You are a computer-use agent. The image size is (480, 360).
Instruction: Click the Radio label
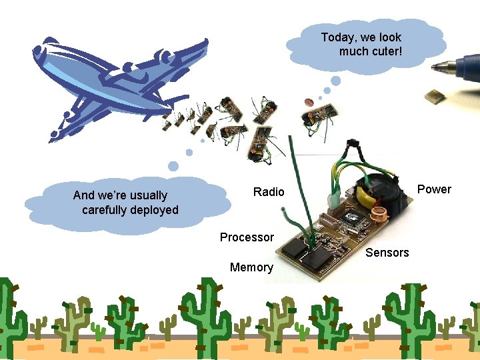269,192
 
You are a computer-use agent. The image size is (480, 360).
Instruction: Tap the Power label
434,189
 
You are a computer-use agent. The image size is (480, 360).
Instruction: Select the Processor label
247,237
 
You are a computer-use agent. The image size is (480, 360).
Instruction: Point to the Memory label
251,267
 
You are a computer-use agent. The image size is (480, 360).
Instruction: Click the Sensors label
387,253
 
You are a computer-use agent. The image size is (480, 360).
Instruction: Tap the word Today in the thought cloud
337,37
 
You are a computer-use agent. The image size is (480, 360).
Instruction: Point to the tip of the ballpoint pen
433,67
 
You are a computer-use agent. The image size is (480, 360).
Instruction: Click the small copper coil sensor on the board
381,215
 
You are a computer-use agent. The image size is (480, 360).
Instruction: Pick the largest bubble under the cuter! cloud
336,81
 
